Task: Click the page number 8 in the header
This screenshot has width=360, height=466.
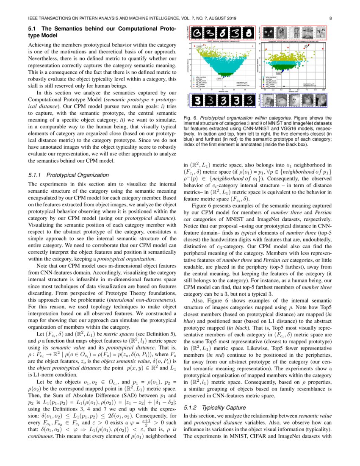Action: point(330,19)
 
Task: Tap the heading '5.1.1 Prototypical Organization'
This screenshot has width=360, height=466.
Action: point(64,175)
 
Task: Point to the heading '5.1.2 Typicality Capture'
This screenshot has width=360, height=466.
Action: point(215,408)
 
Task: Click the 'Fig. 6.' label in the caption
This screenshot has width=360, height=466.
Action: point(190,117)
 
